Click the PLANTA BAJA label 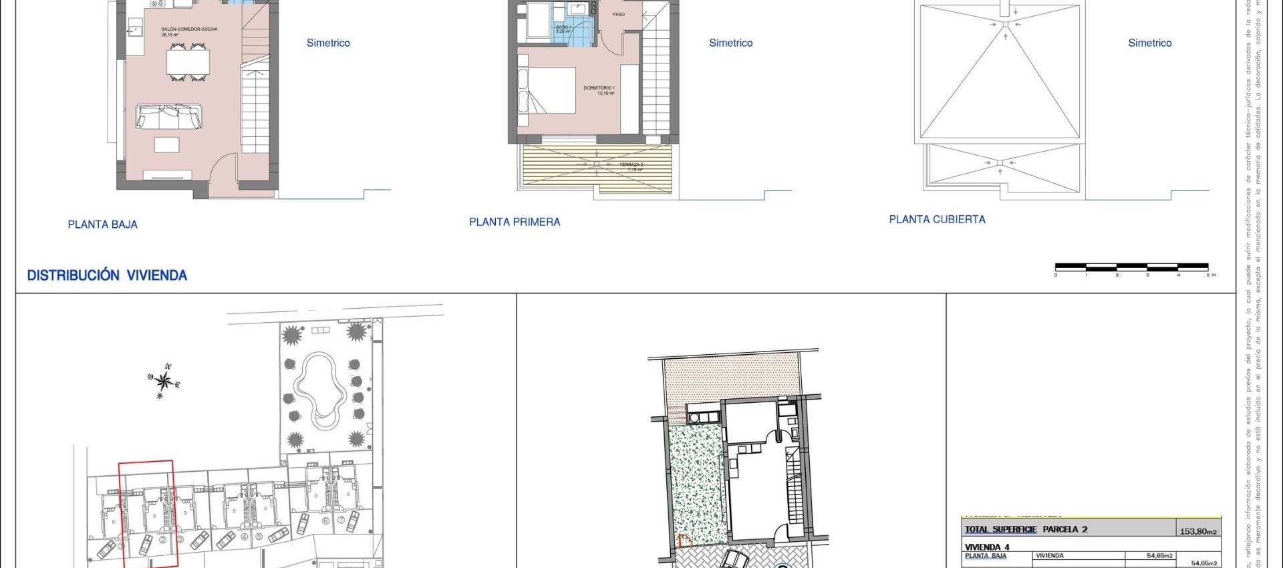click(102, 225)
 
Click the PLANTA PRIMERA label click(515, 222)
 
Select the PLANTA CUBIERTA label click(937, 219)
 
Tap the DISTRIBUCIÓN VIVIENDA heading click(107, 275)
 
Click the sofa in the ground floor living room click(168, 116)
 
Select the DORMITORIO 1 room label click(599, 88)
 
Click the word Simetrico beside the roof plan click(1149, 43)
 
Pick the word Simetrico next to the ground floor click(328, 43)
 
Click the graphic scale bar click(1131, 267)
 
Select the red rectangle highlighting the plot click(148, 513)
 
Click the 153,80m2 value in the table click(1197, 531)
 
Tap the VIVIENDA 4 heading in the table click(987, 547)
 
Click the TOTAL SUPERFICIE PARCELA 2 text click(1026, 529)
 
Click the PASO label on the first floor click(619, 14)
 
